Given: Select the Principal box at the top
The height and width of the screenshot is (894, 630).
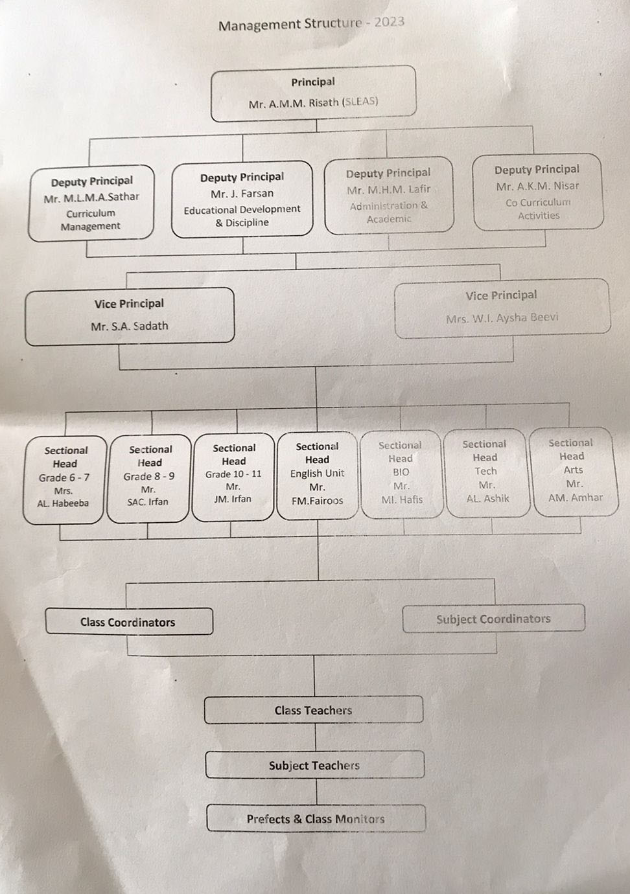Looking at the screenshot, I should [x=313, y=93].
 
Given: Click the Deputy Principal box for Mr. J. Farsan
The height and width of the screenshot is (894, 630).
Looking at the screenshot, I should [x=242, y=199].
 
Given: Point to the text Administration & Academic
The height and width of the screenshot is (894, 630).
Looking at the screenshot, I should [x=389, y=212].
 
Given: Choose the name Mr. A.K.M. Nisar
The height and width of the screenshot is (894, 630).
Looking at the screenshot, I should [x=538, y=186].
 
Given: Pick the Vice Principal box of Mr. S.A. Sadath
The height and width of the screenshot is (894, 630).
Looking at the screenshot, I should [x=129, y=315].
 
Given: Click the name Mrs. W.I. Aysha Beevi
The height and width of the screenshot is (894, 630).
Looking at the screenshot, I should [x=502, y=318].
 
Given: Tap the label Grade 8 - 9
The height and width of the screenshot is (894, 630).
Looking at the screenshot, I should [x=149, y=476].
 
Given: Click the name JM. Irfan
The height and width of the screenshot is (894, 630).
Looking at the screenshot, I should [x=233, y=499].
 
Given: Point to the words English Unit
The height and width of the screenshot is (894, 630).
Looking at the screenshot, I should [x=317, y=474].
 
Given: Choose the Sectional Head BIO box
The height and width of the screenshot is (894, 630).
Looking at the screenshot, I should [x=401, y=474].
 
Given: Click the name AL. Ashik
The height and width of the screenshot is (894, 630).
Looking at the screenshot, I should [x=487, y=498].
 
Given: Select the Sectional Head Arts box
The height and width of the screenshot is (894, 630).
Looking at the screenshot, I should [x=573, y=471].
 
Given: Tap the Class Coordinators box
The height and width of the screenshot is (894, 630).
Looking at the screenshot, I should [x=128, y=622].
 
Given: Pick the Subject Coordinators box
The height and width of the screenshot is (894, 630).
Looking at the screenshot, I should [x=493, y=619].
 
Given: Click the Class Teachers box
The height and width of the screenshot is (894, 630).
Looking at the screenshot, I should [x=313, y=710].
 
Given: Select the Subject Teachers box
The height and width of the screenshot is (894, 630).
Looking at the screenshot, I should [x=314, y=765].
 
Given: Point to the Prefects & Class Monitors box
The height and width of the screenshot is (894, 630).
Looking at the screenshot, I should [x=316, y=819].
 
